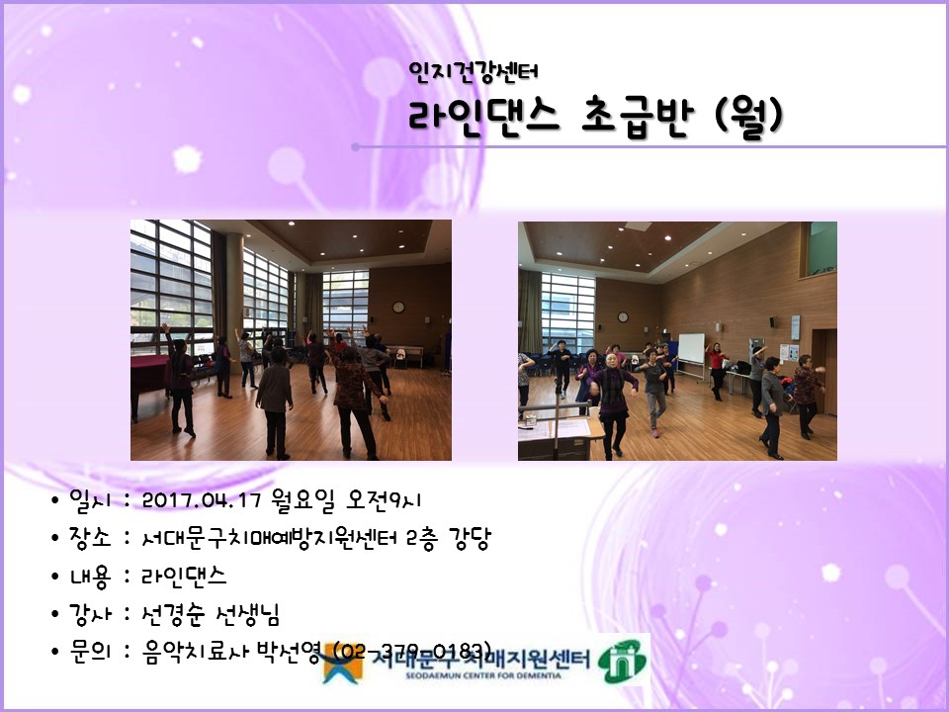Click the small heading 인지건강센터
(x=473, y=71)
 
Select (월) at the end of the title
(x=748, y=116)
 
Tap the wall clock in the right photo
(x=622, y=317)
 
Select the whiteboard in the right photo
(x=690, y=348)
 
